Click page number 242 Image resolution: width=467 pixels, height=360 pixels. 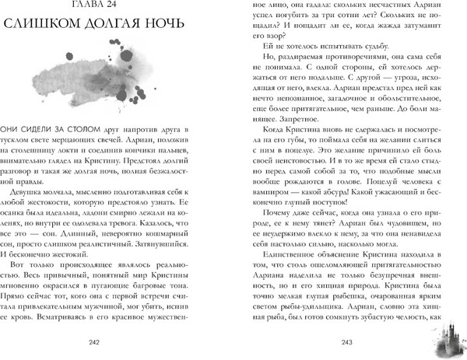click(119, 342)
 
